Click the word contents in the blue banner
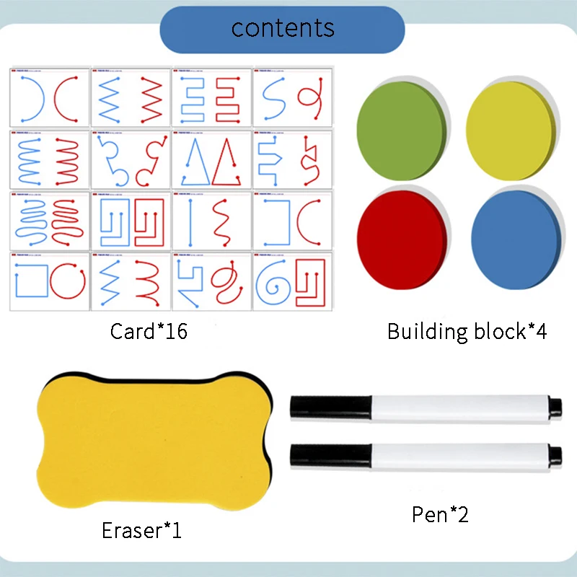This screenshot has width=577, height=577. pyautogui.click(x=283, y=28)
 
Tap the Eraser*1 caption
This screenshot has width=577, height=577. pyautogui.click(x=141, y=532)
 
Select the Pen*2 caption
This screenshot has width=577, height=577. pyautogui.click(x=440, y=514)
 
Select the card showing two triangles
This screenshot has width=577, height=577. pyautogui.click(x=211, y=160)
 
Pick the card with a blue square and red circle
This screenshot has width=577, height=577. pyautogui.click(x=50, y=281)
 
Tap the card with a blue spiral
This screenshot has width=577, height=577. pyautogui.click(x=292, y=281)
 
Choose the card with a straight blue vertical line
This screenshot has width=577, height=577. pyautogui.click(x=211, y=221)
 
